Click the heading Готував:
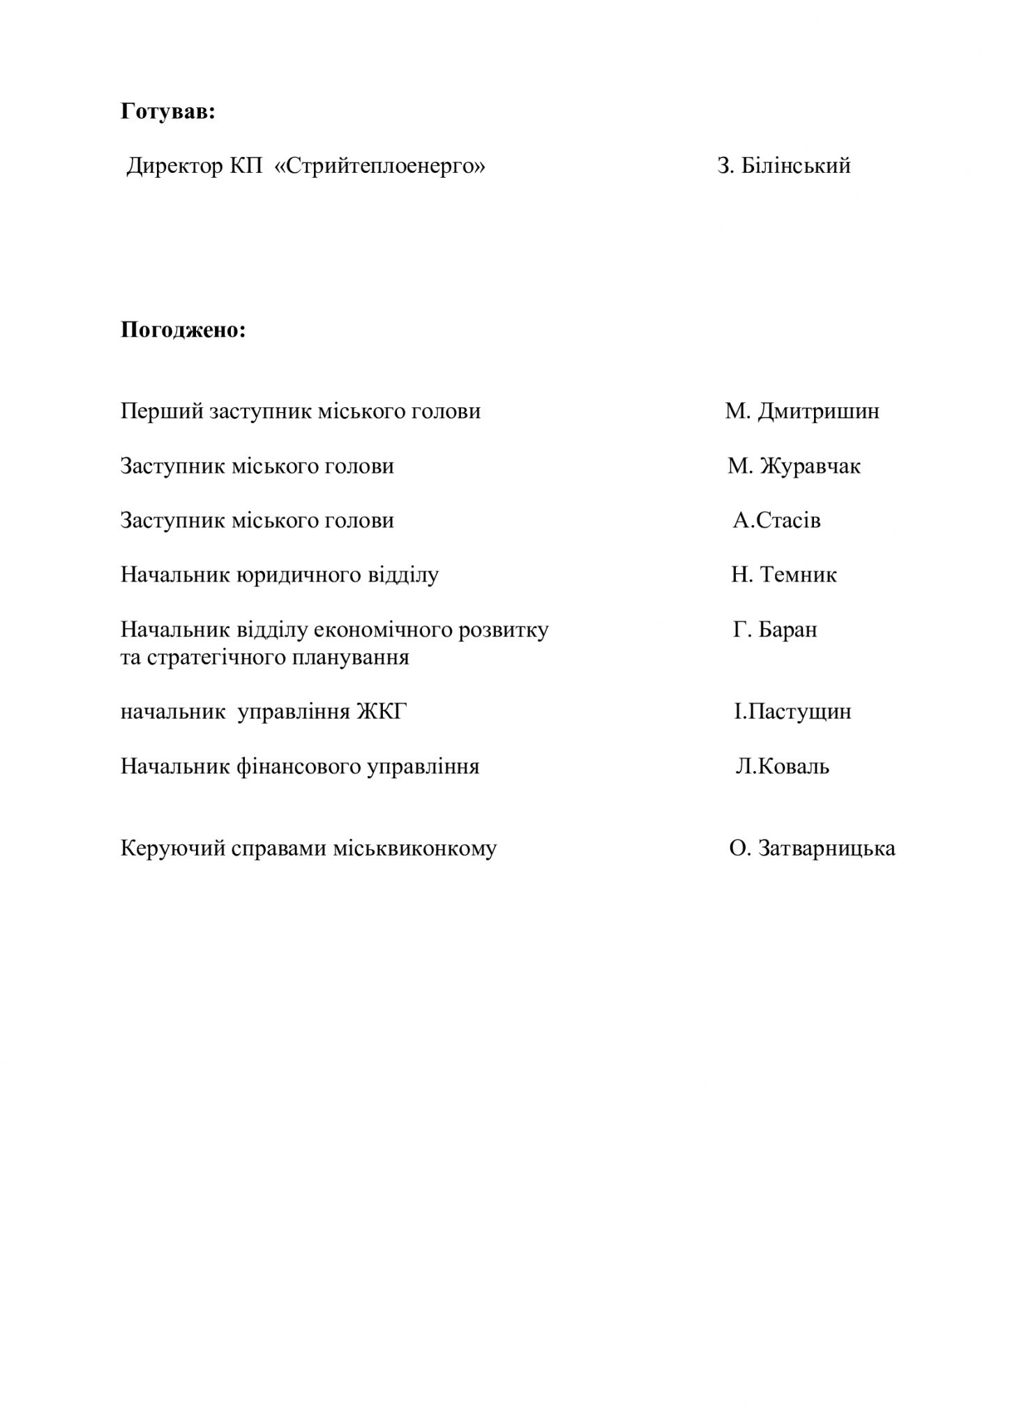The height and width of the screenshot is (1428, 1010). click(x=167, y=112)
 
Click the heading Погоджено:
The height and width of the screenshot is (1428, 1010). click(x=183, y=329)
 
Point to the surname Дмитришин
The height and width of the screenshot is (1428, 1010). click(x=818, y=411)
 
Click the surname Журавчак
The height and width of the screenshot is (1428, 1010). click(x=810, y=466)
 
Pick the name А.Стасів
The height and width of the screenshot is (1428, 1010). click(x=776, y=521)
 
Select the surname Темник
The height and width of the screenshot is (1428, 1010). click(x=798, y=575)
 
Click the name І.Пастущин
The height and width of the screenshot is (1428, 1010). click(x=792, y=712)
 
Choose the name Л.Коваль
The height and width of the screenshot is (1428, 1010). click(x=782, y=767)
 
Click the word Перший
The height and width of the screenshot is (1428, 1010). click(x=162, y=411)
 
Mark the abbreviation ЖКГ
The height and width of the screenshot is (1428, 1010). click(x=382, y=712)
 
